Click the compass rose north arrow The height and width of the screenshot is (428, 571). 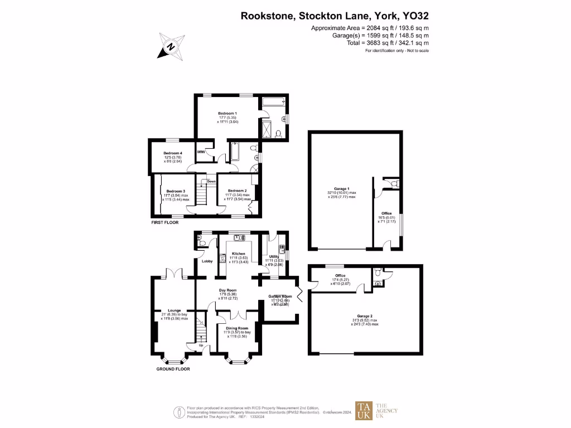click(x=172, y=46)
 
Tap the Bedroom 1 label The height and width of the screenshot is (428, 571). click(x=227, y=113)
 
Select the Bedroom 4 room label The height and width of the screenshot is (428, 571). click(x=172, y=153)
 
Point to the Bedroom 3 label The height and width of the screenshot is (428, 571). click(x=176, y=191)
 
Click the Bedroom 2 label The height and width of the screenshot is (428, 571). click(x=237, y=191)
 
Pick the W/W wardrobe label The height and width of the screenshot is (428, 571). click(x=201, y=152)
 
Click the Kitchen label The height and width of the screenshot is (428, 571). click(x=239, y=254)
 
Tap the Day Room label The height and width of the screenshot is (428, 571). click(x=228, y=290)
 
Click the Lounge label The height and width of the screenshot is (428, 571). click(x=175, y=311)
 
